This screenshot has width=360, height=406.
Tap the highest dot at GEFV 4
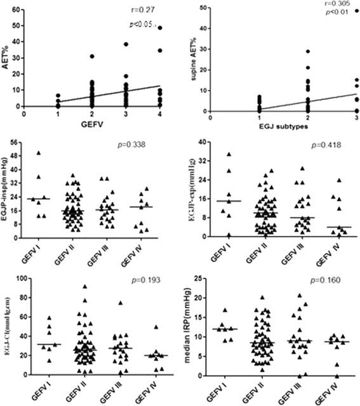pos(161,28)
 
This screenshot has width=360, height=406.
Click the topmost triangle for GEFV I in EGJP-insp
pos(39,153)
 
